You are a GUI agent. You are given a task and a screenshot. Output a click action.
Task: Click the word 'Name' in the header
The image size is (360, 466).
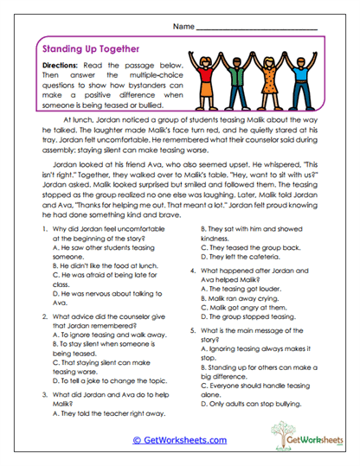click(183, 28)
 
